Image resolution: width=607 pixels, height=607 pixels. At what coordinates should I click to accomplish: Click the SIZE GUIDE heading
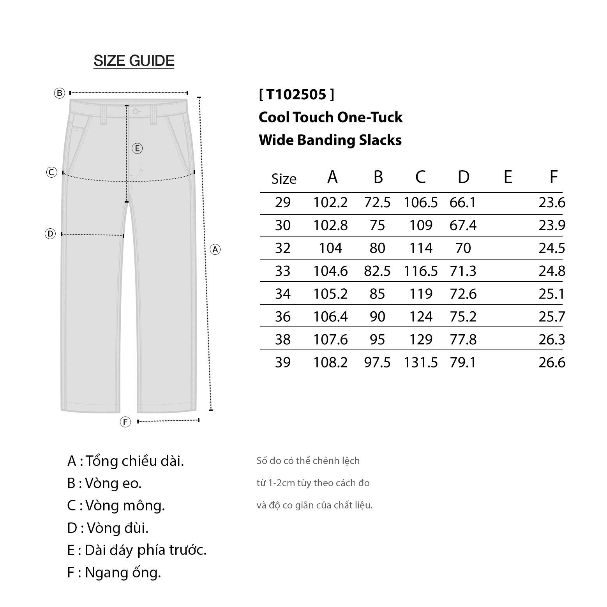click(134, 61)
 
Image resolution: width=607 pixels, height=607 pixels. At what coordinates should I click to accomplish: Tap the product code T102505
click(296, 94)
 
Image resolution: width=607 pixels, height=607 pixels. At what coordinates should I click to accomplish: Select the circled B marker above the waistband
click(59, 93)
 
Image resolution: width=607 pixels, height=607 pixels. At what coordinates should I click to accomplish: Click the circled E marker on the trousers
click(137, 148)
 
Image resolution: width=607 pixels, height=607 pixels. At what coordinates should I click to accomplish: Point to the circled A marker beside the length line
click(215, 249)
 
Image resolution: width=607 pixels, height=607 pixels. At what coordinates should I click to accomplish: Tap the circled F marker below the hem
click(125, 422)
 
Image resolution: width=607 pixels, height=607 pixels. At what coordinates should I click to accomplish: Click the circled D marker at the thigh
click(50, 234)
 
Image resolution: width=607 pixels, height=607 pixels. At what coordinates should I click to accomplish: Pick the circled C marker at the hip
click(52, 172)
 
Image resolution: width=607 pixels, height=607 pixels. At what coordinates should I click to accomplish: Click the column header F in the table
click(553, 177)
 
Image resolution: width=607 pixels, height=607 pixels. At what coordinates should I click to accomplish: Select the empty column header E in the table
click(508, 177)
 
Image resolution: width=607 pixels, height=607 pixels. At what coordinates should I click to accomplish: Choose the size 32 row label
click(283, 248)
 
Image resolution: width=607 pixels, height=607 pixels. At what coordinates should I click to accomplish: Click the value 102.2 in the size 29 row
click(330, 203)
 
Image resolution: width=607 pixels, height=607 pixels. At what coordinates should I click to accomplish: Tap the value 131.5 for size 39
click(421, 363)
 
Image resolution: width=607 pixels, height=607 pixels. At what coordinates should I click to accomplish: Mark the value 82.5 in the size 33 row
click(377, 271)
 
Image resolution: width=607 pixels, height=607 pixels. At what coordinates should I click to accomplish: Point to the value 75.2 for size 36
click(463, 317)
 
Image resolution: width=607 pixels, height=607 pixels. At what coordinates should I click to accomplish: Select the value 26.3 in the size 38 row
click(552, 340)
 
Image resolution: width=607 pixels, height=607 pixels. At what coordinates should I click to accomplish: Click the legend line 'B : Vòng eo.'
click(104, 483)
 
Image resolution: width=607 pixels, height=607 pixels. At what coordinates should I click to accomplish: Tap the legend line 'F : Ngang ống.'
click(114, 573)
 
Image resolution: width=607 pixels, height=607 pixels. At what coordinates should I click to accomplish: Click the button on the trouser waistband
click(135, 111)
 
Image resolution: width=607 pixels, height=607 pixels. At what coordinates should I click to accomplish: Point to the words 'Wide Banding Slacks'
click(330, 140)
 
